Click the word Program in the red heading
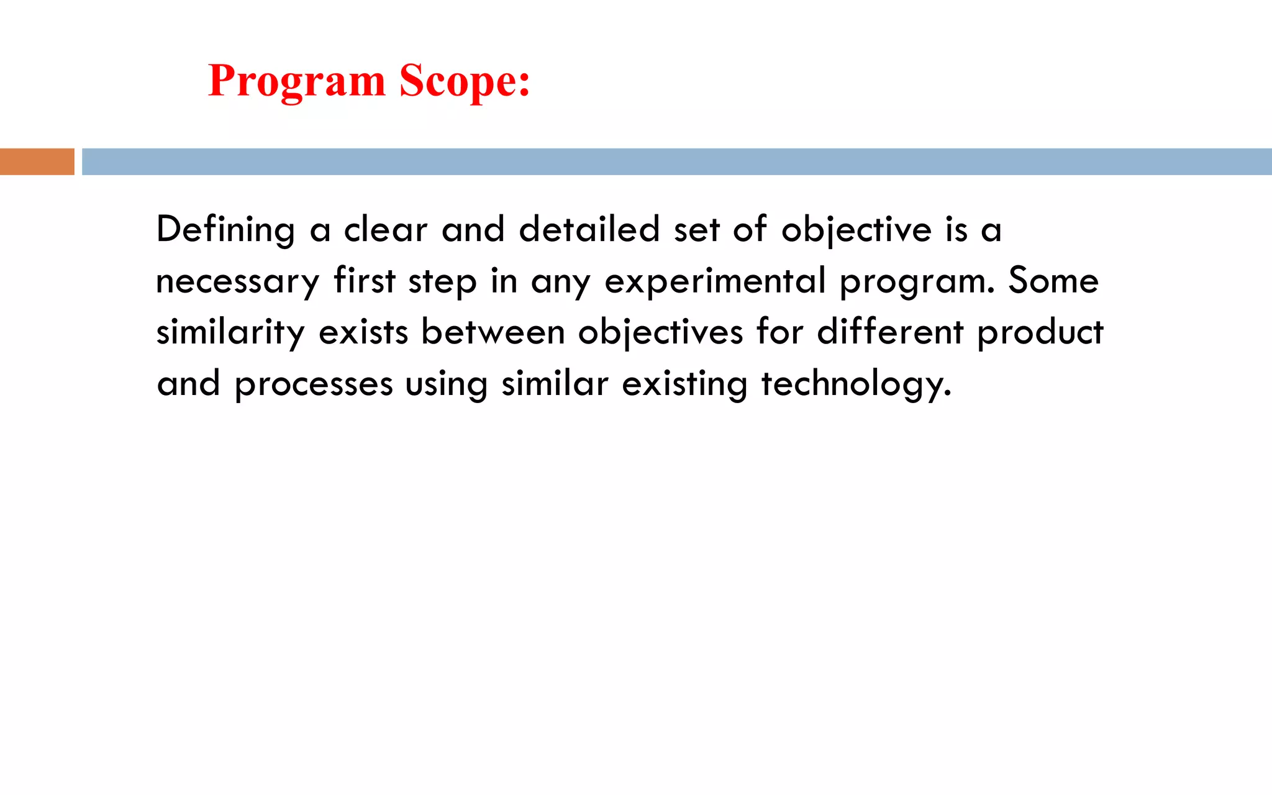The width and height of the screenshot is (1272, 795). [x=297, y=81]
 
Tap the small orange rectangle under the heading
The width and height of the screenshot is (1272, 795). [x=37, y=161]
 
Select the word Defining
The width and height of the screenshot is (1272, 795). [x=225, y=230]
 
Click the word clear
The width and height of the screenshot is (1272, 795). [x=386, y=230]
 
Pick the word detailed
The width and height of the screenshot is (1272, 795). [x=589, y=230]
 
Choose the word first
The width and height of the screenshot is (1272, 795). [x=365, y=280]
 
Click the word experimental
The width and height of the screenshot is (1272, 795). [x=715, y=281]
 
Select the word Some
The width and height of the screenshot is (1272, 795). [x=1053, y=280]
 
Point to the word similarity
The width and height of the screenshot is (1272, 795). [x=230, y=333]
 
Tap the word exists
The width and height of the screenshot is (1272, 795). [x=363, y=332]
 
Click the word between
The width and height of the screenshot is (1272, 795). [x=493, y=332]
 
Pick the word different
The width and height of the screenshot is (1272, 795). [x=890, y=332]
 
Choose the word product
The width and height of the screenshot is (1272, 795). [x=1040, y=333]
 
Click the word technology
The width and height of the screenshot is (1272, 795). [x=856, y=384]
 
